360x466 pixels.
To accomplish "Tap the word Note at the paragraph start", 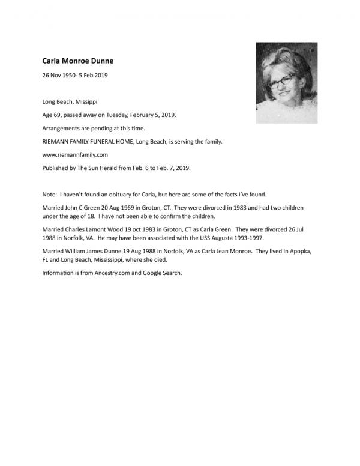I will [x=49, y=195].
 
